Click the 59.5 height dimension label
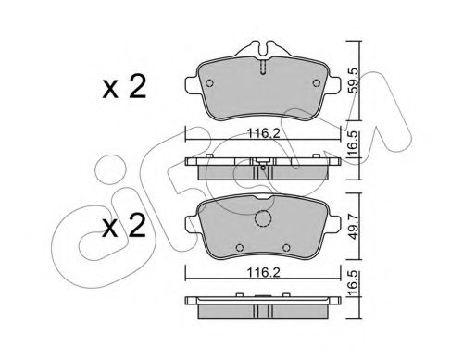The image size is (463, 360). pos(354,81)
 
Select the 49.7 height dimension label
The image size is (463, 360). pos(354,227)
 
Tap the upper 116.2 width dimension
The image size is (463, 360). pos(263,133)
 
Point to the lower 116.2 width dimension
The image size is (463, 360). pos(263,272)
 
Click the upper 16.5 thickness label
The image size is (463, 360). pos(354,143)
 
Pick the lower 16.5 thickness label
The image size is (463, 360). pos(354,282)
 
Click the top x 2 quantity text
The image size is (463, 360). pos(124,87)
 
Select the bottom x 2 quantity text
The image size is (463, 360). pos(124,226)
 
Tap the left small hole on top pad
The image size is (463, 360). pos(209,83)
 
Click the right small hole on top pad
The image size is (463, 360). pos(317,83)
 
